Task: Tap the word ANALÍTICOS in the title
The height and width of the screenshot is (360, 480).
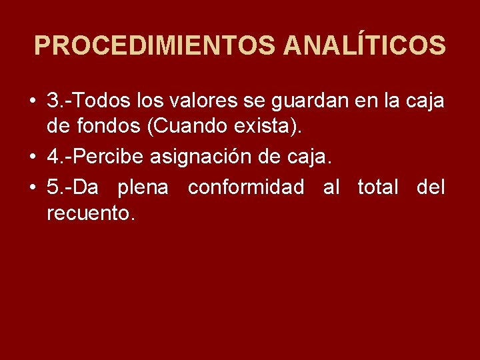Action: point(364,46)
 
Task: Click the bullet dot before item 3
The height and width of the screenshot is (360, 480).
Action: point(32,103)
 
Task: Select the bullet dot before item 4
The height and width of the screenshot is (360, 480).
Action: point(32,158)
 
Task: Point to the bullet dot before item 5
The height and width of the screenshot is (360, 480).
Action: point(32,187)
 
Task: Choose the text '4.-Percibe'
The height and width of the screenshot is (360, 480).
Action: point(96,157)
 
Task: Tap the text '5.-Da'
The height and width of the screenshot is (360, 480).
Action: point(73,186)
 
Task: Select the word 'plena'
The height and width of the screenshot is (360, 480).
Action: point(143,187)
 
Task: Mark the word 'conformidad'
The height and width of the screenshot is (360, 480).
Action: point(245,186)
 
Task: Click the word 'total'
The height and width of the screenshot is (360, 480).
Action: point(379,186)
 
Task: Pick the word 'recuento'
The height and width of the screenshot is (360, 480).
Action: point(91,214)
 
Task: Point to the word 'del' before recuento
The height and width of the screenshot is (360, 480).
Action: point(431,186)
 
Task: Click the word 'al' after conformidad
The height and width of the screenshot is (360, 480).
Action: point(331,186)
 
